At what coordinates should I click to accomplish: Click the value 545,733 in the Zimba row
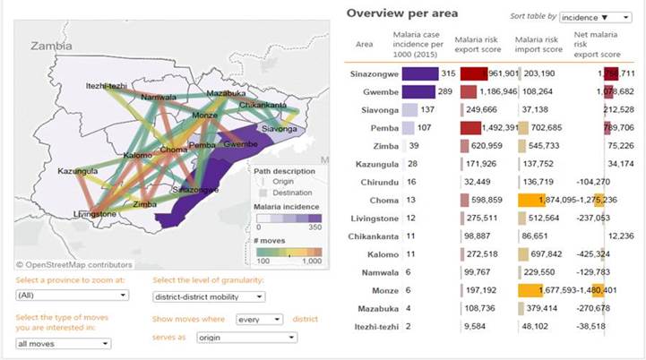coord(542,145)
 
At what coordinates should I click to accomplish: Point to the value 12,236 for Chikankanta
coord(624,236)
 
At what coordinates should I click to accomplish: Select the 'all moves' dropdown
coord(63,343)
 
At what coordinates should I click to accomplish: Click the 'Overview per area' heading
coord(402,13)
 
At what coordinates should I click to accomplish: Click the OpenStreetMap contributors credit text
coord(74,265)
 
